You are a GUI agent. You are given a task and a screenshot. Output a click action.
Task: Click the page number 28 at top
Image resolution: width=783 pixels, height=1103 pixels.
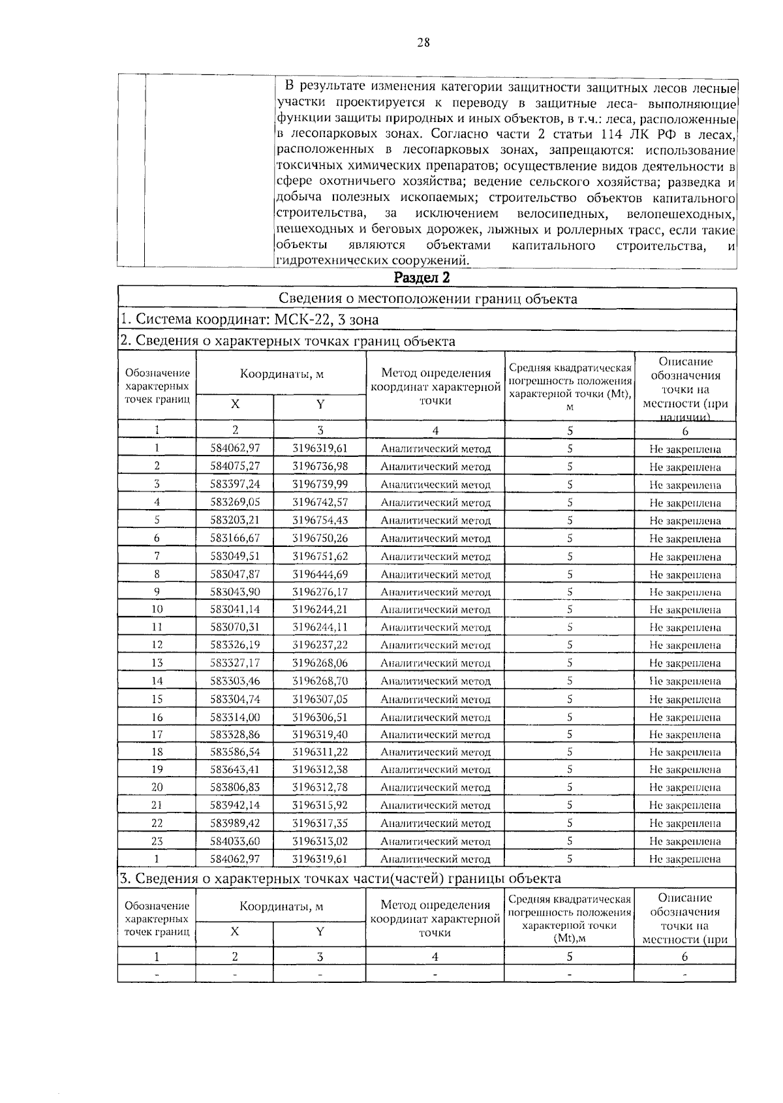423,43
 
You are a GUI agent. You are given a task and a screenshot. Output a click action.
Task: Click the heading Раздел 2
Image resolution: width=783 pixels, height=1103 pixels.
422,278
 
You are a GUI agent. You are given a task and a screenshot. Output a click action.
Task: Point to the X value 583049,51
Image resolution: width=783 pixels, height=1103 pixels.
235,557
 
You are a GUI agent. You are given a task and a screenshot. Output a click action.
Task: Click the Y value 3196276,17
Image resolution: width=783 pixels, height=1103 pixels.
320,592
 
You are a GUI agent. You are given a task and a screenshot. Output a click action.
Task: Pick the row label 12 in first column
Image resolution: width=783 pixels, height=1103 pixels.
157,645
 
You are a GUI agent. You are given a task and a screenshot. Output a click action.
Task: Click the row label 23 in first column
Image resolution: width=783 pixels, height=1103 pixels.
157,841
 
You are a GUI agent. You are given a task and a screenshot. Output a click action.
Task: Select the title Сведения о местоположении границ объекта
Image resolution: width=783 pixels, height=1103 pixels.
427,299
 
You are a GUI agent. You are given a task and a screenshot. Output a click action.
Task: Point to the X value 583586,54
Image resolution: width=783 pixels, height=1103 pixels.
235,752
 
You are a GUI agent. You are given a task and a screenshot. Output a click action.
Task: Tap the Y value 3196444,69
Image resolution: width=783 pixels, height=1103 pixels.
320,574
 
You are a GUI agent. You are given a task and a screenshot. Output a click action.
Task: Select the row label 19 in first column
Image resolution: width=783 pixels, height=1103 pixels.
157,769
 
